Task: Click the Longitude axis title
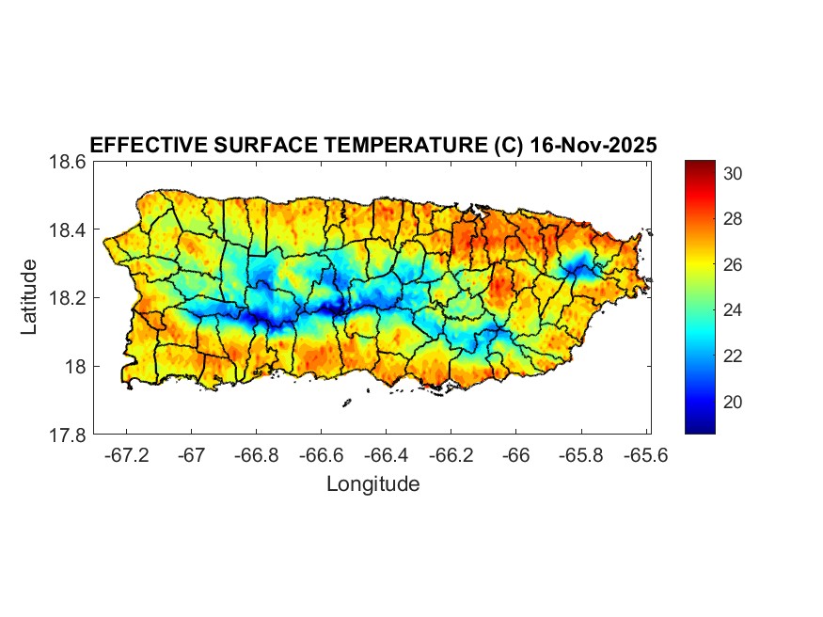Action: (372, 484)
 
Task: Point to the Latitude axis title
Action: (30, 297)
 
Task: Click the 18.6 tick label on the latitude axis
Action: (68, 162)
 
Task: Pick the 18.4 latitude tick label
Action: (68, 230)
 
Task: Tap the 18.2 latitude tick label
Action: (68, 298)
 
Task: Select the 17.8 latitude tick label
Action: (68, 435)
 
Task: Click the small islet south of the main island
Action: (346, 403)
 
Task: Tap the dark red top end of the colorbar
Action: (700, 166)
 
